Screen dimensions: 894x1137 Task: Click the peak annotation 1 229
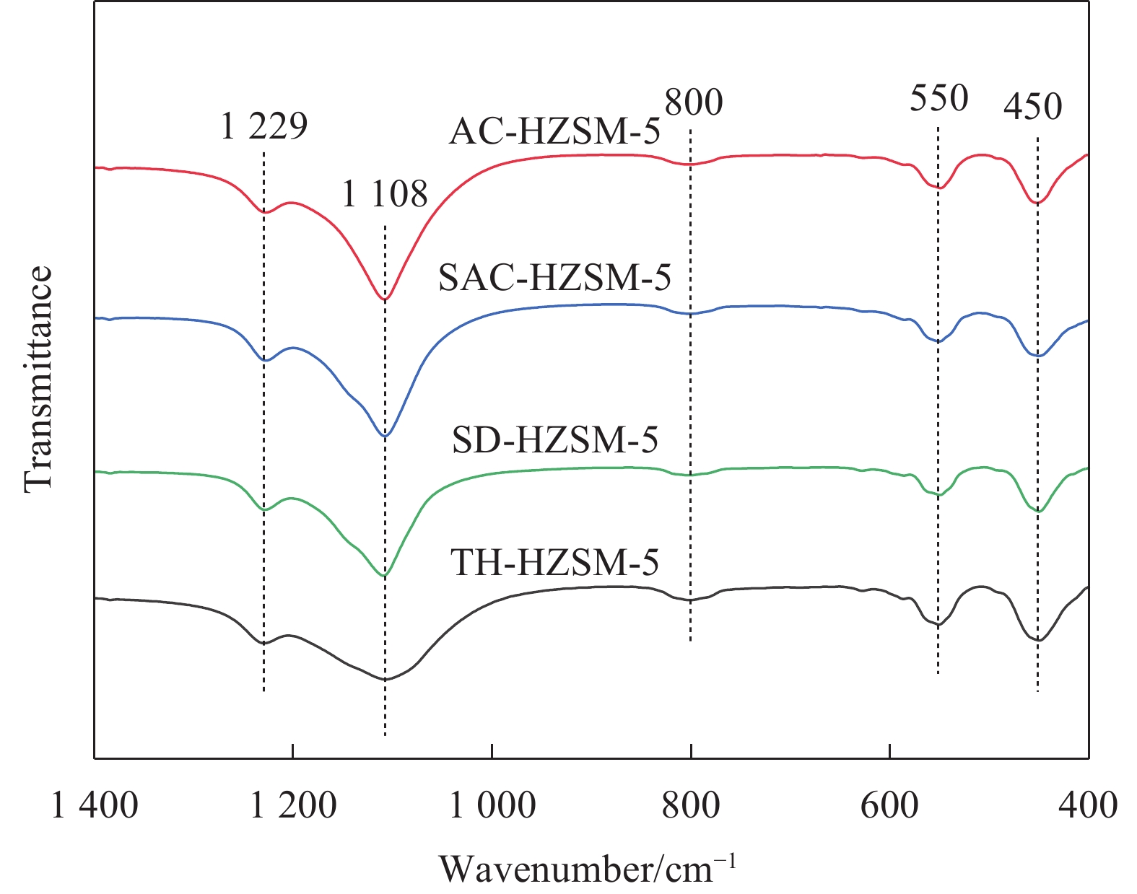(264, 127)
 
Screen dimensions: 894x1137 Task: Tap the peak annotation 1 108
(385, 194)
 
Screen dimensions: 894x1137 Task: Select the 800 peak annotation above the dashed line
(694, 102)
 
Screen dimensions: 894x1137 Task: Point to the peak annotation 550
(938, 98)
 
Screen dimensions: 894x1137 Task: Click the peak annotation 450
(1033, 108)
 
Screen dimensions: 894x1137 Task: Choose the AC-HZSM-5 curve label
(554, 132)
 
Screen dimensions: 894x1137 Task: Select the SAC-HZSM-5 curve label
(554, 278)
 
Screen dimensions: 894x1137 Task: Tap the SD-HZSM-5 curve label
(554, 439)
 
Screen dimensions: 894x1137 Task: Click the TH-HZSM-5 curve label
(554, 562)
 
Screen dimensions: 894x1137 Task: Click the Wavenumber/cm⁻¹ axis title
(588, 868)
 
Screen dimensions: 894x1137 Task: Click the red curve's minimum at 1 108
(385, 299)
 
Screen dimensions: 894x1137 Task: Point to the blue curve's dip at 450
(1038, 356)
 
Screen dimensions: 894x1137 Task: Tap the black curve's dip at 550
(938, 625)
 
